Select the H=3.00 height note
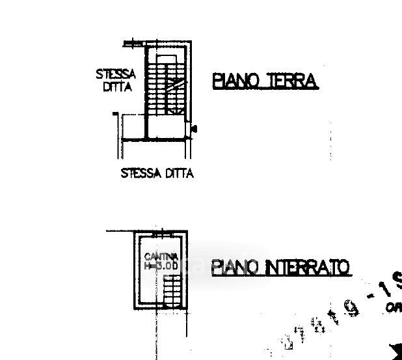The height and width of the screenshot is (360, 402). tap(161, 266)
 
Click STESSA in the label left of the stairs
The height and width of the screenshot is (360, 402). tap(116, 75)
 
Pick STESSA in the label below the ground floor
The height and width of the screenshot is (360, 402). tap(141, 174)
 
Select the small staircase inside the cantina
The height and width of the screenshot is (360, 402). tap(171, 291)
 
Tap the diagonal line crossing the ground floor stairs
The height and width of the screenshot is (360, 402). tap(174, 85)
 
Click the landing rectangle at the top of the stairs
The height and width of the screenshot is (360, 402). tap(167, 59)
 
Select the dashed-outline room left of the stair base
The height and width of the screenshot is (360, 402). tap(131, 127)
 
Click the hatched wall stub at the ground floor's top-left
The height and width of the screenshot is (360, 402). tap(133, 44)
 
